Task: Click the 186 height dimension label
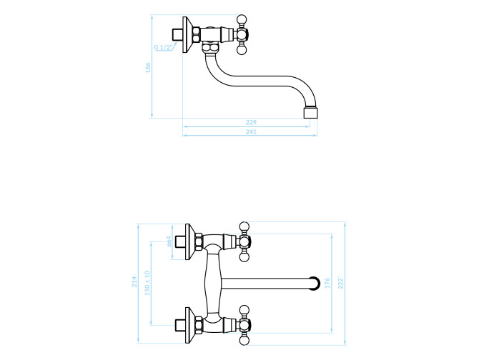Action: coord(148,67)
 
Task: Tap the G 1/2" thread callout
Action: coord(164,47)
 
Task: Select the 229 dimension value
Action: coord(251,122)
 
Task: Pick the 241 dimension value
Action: coord(251,132)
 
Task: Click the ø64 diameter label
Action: coord(169,241)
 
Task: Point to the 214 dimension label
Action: coord(134,281)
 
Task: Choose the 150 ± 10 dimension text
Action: coord(147,283)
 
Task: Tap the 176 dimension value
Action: coord(327,283)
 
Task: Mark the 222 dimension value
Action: coord(341,283)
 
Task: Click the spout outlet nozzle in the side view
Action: coord(311,112)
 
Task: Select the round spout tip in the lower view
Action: coord(315,283)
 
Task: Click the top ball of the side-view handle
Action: coord(242,19)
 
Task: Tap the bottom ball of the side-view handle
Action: coord(242,50)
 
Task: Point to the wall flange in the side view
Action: coord(187,34)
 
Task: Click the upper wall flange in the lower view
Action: coord(190,242)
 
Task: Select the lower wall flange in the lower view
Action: coord(190,325)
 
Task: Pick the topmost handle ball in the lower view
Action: coord(244,226)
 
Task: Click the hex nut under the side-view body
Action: coord(211,48)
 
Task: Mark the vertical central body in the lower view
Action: coord(213,283)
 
